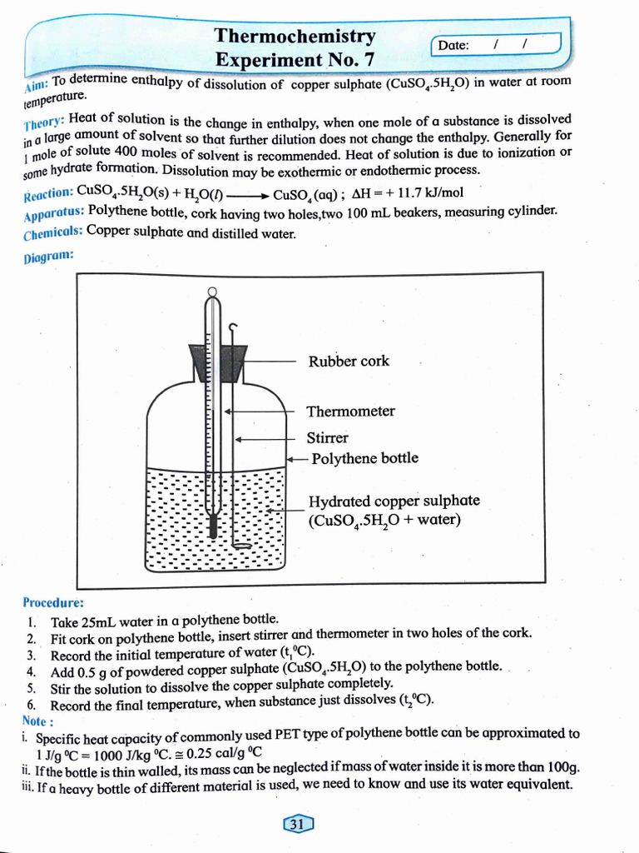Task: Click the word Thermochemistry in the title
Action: coord(295,36)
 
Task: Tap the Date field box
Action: coord(496,44)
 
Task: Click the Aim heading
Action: coord(37,83)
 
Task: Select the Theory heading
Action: coord(44,122)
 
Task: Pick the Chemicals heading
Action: coord(52,233)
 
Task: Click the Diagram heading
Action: coord(48,256)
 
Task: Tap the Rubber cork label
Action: coord(349,362)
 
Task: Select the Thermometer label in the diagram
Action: coord(350,412)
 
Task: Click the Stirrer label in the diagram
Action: coord(327,438)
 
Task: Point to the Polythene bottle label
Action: coord(364,459)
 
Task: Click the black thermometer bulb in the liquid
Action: coord(212,526)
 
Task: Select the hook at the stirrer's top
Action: coord(233,327)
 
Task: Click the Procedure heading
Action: coord(53,602)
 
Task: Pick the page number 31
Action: coord(297,824)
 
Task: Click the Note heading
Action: coord(38,721)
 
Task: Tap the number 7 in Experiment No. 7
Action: coord(369,59)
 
